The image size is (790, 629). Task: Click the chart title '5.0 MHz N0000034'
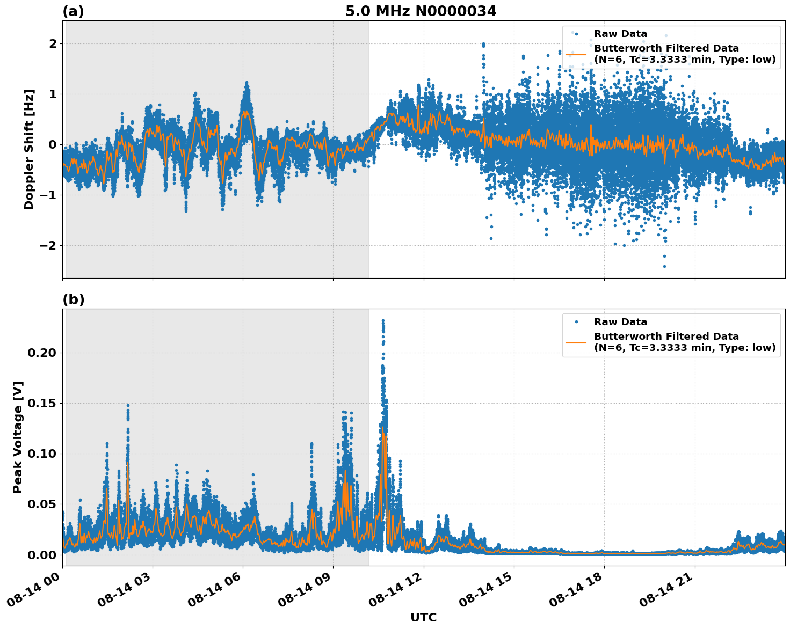click(x=421, y=11)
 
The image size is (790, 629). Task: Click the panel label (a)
click(x=73, y=11)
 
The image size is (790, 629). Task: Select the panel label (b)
click(x=73, y=299)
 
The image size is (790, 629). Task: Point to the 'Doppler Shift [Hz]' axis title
click(x=29, y=149)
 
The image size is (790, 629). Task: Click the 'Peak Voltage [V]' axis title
click(x=18, y=437)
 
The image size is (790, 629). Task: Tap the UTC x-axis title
click(x=423, y=617)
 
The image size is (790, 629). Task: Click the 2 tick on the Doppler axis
click(x=53, y=43)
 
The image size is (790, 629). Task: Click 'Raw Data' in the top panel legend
click(x=620, y=34)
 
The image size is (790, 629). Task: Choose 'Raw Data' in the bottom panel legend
click(x=620, y=322)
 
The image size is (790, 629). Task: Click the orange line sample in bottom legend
click(x=576, y=342)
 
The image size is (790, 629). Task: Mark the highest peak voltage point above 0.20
click(x=383, y=320)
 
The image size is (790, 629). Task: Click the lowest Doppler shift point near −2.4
click(x=664, y=266)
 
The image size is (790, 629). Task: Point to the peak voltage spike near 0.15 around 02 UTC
click(x=128, y=406)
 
